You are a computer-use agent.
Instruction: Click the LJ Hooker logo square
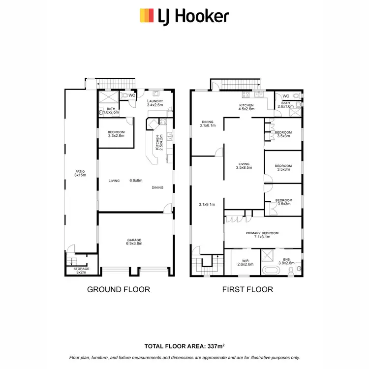(x=146, y=16)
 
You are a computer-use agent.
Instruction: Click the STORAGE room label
(x=82, y=269)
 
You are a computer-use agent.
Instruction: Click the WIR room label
(x=245, y=261)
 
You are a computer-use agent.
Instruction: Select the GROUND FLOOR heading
(x=119, y=289)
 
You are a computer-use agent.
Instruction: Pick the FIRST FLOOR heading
(x=248, y=289)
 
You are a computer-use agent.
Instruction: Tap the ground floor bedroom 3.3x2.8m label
(x=116, y=134)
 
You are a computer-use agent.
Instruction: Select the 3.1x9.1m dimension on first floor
(x=207, y=204)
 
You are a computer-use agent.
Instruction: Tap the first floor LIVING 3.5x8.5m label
(x=244, y=166)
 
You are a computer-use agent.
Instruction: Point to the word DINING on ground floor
(x=158, y=187)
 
